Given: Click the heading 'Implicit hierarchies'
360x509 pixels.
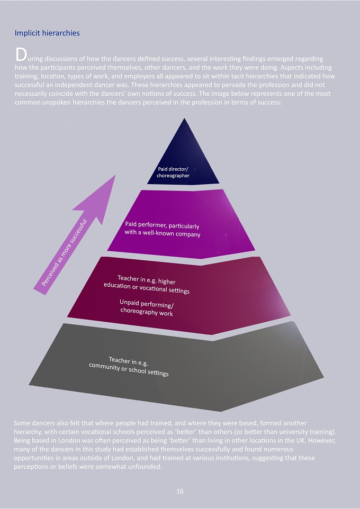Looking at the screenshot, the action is point(47,33).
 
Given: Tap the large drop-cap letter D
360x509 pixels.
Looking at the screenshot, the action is point(21,55).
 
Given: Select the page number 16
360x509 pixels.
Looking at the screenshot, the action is point(180,491).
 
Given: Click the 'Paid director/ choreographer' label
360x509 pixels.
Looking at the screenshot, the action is point(173,172).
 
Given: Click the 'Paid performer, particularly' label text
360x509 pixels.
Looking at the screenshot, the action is point(162,225).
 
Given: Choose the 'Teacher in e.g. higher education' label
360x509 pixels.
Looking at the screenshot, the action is point(147,284).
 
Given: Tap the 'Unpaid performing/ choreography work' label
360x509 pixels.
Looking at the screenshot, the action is point(147,308).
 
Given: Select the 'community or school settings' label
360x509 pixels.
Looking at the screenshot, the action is point(129,369).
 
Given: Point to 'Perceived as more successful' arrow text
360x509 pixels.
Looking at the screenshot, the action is point(65,253).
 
